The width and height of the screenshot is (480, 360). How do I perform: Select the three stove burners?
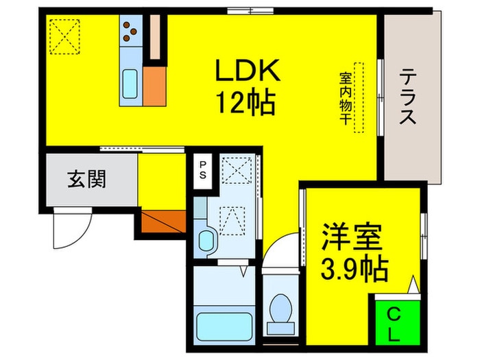coord(130,31)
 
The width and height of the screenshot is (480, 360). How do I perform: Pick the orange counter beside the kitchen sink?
coord(155,86)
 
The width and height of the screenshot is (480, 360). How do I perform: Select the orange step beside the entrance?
coord(163,221)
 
